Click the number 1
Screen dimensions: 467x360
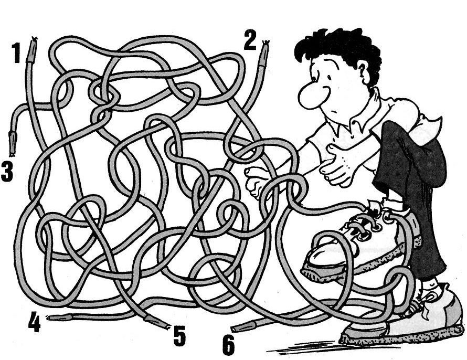coord(16,52)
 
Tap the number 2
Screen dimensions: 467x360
coord(250,40)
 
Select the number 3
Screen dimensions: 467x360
coord(7,171)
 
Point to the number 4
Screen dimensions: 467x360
coord(35,322)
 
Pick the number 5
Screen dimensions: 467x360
coord(179,335)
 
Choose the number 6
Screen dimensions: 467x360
coord(228,344)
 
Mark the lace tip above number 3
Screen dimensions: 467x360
coord(12,143)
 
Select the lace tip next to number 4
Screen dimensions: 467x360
coord(60,317)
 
